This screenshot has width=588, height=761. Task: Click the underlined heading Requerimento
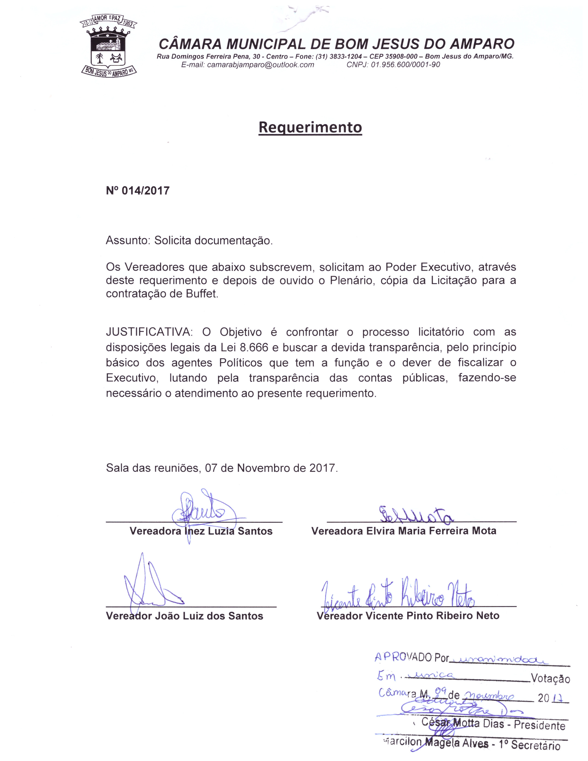(310, 127)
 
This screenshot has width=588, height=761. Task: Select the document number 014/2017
(145, 191)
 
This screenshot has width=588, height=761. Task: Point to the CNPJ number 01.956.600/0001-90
(405, 65)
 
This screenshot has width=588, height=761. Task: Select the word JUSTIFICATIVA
(149, 332)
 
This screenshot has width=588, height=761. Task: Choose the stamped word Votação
(550, 678)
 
